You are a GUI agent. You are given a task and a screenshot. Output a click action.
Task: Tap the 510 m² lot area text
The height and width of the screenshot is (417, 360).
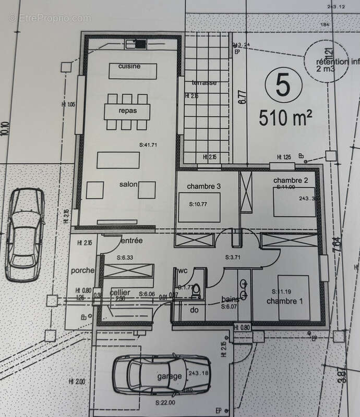pos(285,118)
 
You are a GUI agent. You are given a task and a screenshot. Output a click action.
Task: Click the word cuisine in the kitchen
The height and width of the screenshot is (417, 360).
pos(129,67)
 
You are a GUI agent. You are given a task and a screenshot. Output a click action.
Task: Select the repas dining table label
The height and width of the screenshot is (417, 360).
pos(128,111)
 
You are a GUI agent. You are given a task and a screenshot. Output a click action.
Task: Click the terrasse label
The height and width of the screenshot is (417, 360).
pos(203,83)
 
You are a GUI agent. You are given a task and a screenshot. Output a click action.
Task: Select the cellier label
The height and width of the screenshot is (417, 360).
pos(120,293)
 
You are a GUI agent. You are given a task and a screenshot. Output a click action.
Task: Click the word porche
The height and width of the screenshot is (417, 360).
pos(83,271)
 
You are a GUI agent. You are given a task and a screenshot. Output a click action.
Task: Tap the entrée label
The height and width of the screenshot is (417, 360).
pos(131,240)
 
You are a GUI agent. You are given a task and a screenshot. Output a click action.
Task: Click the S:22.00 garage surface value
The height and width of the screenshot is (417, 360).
pos(165,403)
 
